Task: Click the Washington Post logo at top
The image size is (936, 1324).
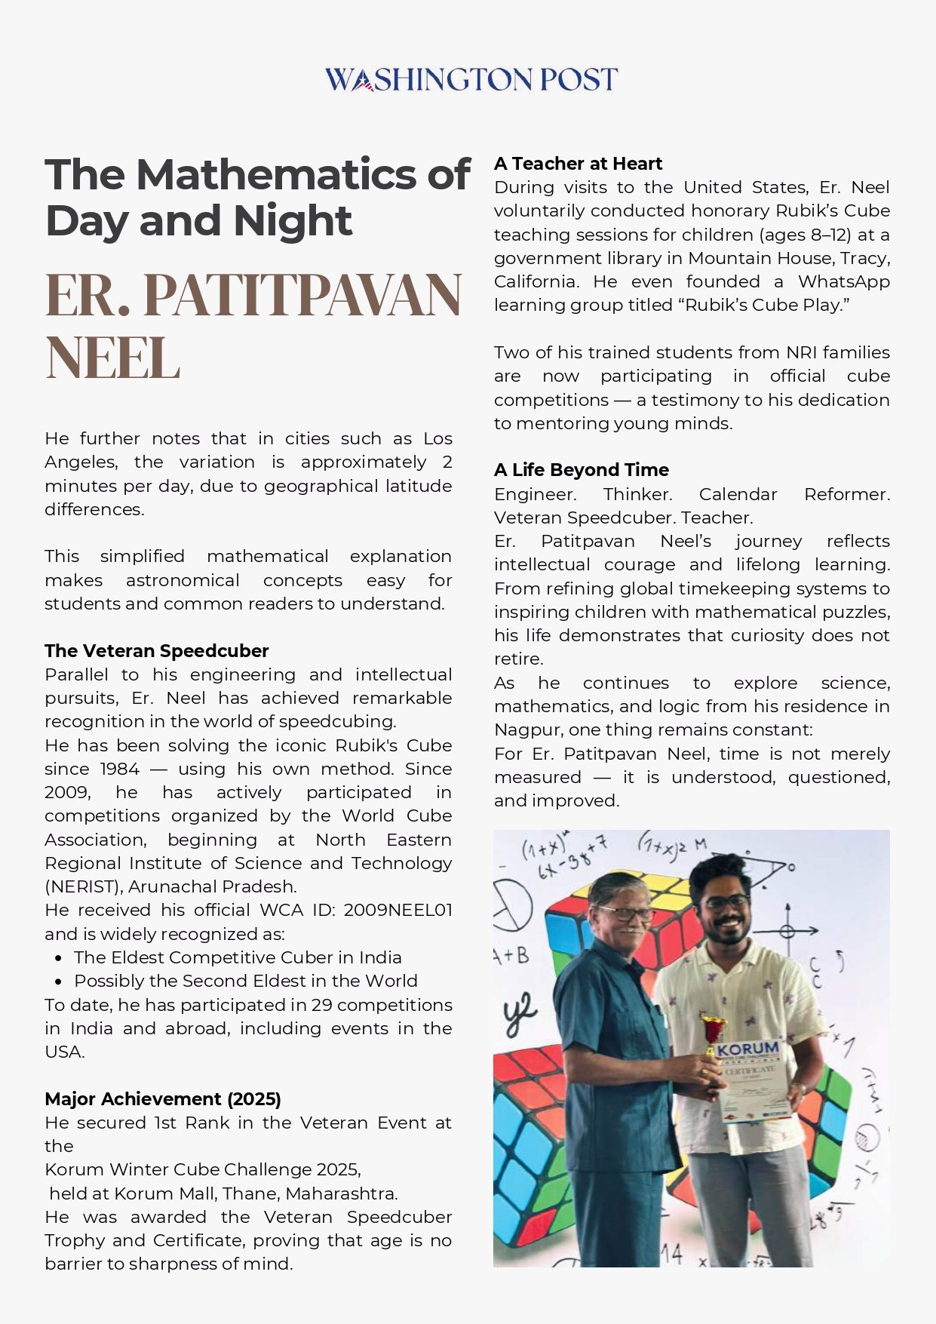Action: (x=471, y=79)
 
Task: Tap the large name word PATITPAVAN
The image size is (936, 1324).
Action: (x=302, y=294)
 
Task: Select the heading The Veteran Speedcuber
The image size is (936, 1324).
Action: (x=156, y=650)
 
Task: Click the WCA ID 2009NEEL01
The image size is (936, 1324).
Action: (x=397, y=910)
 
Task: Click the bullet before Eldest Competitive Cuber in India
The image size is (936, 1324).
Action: (x=59, y=958)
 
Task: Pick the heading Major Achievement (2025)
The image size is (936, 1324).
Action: (x=162, y=1098)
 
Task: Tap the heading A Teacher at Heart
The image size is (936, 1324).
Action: (x=578, y=164)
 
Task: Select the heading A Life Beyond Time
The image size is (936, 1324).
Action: (x=581, y=470)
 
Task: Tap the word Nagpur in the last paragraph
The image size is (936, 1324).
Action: (x=528, y=730)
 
